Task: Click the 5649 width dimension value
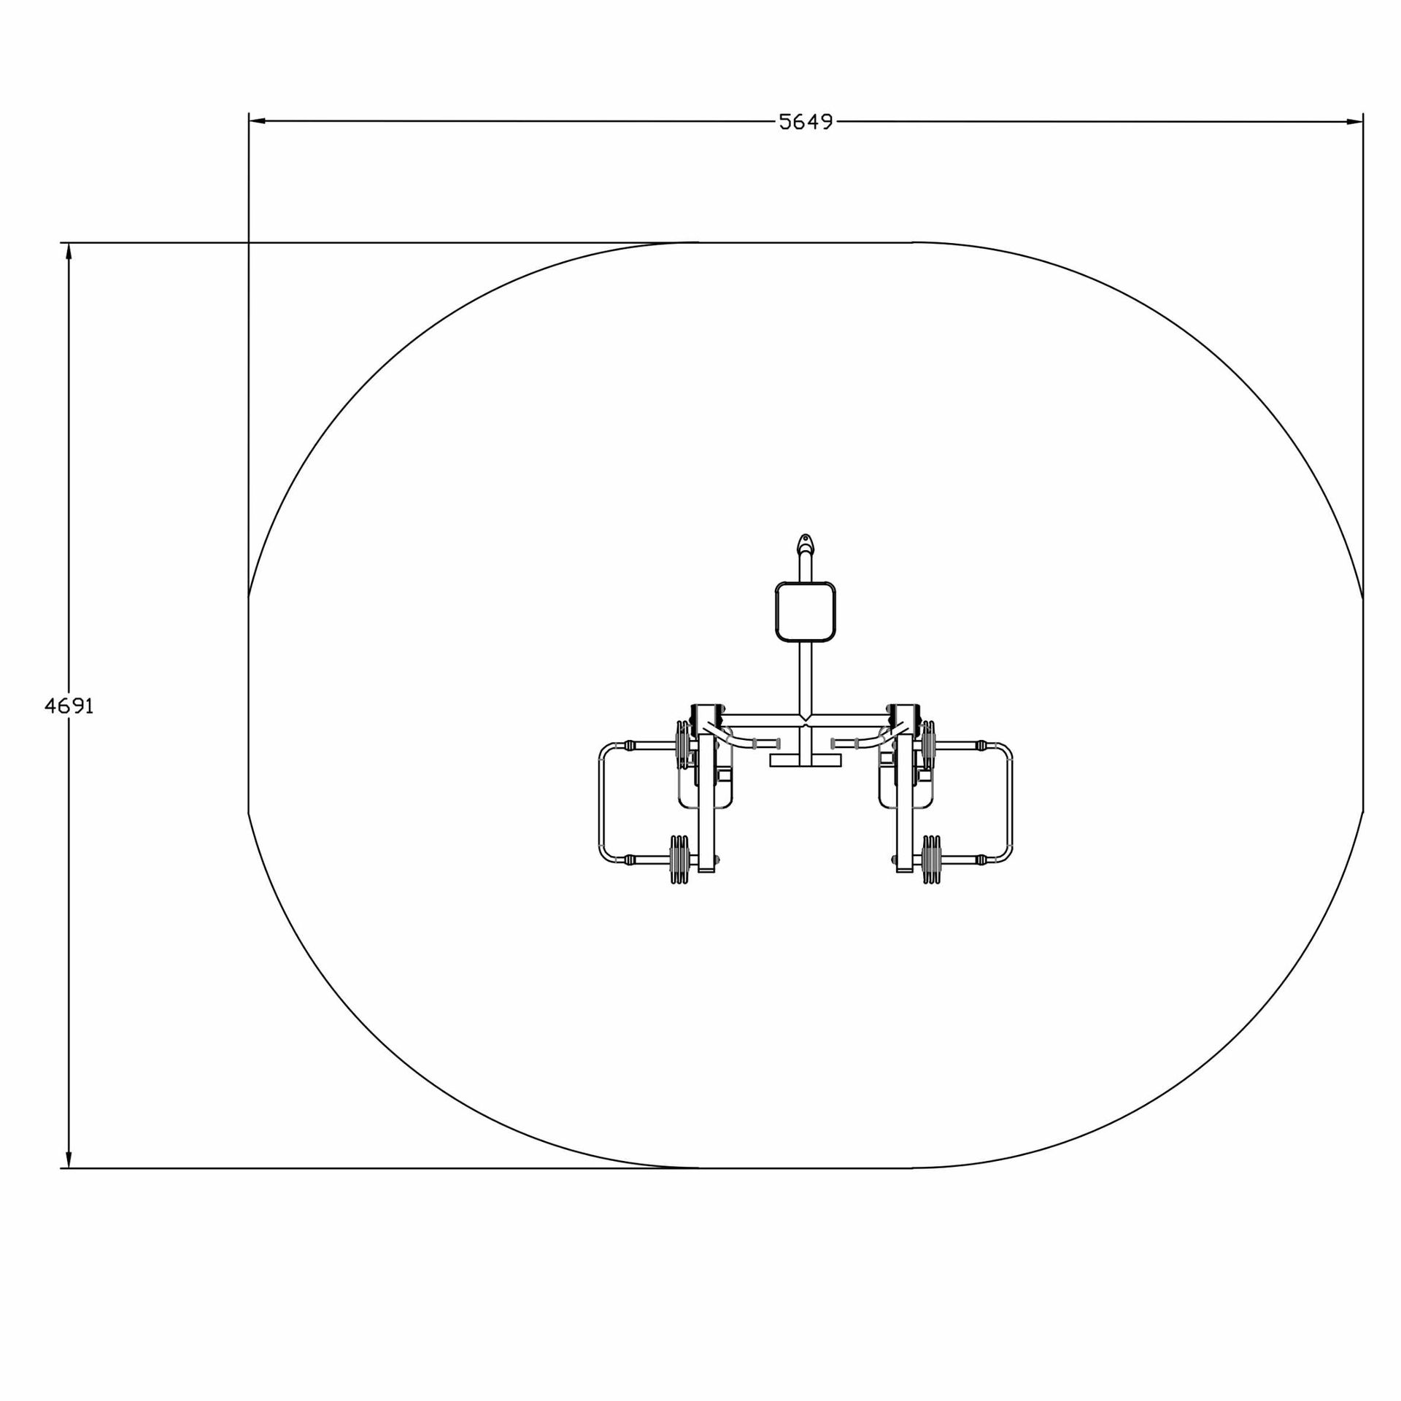[x=806, y=122]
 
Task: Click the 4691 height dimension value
[x=69, y=706]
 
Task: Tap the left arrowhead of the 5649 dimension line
[x=257, y=121]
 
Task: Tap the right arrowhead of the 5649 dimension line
[x=1355, y=121]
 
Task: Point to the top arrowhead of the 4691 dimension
[x=69, y=251]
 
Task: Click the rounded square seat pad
[x=805, y=611]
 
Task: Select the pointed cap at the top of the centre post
[x=805, y=544]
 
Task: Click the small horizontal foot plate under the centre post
[x=806, y=760]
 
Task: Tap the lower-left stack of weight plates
[x=679, y=860]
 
